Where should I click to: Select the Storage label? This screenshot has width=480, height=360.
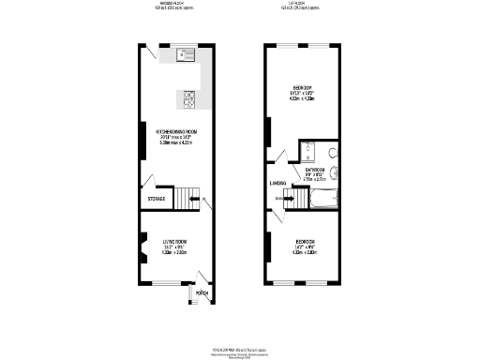click(x=156, y=199)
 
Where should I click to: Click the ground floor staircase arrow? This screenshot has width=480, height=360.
click(x=195, y=199)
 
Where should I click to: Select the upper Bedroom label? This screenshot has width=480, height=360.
click(x=303, y=87)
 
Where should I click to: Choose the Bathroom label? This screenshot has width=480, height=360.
click(x=315, y=171)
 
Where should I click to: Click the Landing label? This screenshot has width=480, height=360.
click(x=277, y=184)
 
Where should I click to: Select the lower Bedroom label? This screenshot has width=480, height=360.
click(x=305, y=242)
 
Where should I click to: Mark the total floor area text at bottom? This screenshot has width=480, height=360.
click(x=240, y=349)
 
